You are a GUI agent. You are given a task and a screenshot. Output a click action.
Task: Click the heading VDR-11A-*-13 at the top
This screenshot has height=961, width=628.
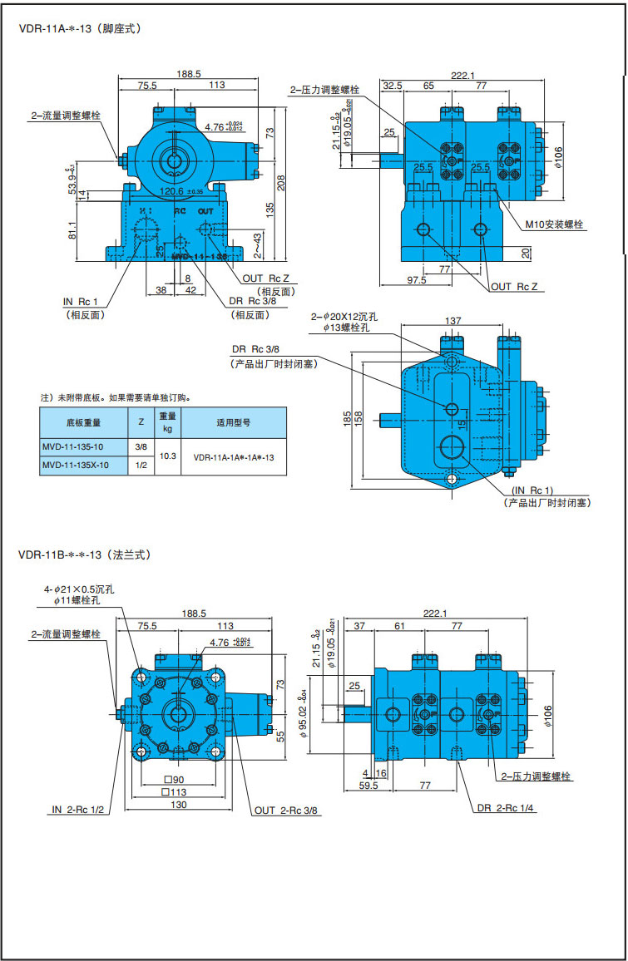[x=80, y=28]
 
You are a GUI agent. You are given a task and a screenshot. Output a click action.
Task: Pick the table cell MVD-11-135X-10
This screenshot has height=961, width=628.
[x=75, y=466]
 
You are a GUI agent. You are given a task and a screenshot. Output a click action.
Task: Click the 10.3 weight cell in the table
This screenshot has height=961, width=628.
[x=168, y=456]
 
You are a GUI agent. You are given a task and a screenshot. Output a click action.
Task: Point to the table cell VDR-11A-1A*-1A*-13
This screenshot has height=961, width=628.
[x=234, y=457]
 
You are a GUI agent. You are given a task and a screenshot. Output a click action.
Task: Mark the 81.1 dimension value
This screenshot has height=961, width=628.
[x=72, y=229]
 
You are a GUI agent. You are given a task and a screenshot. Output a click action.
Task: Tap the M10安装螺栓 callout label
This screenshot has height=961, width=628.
[x=555, y=224]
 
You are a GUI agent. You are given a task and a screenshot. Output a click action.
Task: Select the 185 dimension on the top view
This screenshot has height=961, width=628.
[x=347, y=419]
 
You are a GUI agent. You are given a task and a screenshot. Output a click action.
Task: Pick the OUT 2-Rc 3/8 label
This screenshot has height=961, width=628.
[x=286, y=810]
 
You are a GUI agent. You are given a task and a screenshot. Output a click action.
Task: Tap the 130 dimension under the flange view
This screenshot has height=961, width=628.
[x=179, y=806]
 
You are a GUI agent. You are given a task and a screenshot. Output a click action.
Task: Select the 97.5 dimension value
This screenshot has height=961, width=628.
[x=417, y=280]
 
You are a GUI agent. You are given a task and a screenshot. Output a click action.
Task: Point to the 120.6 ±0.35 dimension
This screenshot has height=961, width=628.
[x=181, y=191]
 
